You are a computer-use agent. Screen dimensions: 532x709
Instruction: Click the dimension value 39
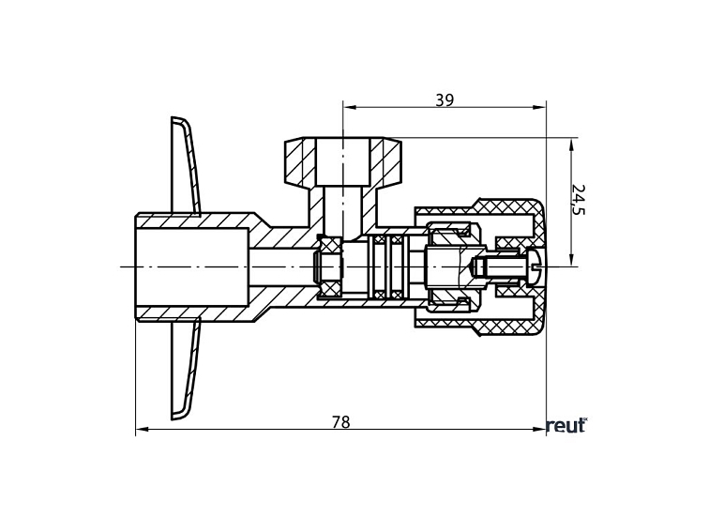click(x=445, y=100)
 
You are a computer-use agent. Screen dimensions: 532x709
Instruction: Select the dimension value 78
click(x=340, y=422)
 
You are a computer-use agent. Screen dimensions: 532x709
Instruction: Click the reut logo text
click(x=566, y=426)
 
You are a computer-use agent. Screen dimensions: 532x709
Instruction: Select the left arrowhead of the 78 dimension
click(x=142, y=431)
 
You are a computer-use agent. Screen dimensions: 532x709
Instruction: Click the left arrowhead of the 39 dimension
click(x=349, y=108)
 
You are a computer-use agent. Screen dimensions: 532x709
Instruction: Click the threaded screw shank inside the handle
click(x=497, y=266)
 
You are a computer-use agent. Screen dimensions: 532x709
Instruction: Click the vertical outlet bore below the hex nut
click(x=343, y=211)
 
